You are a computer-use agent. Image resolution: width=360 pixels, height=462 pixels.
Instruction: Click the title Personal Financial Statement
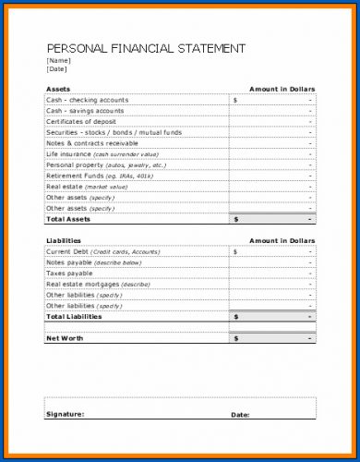(x=146, y=48)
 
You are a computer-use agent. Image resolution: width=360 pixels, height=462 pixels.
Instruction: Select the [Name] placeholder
(x=57, y=60)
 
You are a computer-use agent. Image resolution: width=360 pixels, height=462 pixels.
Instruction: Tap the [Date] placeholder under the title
(x=56, y=69)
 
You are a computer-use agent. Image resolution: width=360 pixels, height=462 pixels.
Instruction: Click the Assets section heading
(x=58, y=88)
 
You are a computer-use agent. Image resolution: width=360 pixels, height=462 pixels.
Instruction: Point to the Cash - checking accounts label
(x=87, y=99)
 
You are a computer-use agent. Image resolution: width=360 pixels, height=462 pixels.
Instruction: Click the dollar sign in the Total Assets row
(x=235, y=219)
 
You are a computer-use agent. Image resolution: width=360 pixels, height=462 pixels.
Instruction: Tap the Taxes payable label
(x=69, y=273)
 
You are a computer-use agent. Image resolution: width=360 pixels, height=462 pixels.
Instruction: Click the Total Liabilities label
(x=75, y=316)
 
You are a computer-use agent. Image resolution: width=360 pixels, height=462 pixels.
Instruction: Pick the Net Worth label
(x=65, y=338)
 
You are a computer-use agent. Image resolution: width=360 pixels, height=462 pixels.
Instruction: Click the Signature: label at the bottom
(x=65, y=414)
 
